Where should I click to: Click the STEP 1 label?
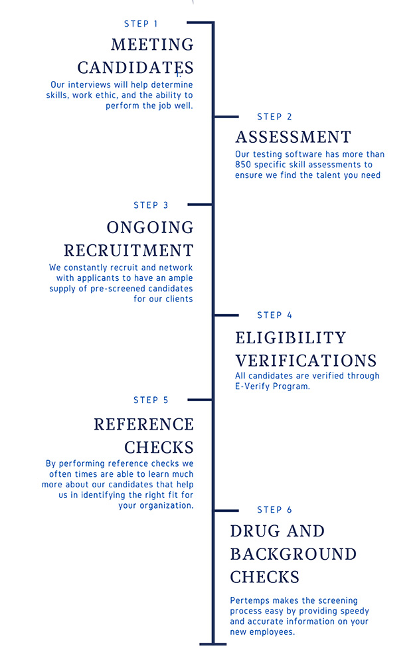pos(141,24)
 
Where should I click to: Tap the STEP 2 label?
pos(274,116)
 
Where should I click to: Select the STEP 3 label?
pos(151,205)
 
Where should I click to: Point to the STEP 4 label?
pos(274,315)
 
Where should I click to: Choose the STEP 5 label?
pos(151,400)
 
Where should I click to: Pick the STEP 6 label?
pos(274,510)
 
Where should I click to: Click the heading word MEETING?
pos(153,44)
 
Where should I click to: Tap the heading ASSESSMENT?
pos(293,137)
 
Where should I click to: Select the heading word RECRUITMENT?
pos(129,250)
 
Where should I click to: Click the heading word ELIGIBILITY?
pos(291,337)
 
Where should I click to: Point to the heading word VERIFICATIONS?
pos(306,361)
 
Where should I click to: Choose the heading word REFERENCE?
pos(143,424)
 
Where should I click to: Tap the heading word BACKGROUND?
pos(293,554)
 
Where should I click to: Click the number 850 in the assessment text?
pos(243,165)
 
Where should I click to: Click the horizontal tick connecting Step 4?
pos(226,315)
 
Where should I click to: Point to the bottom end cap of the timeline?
pos(213,644)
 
